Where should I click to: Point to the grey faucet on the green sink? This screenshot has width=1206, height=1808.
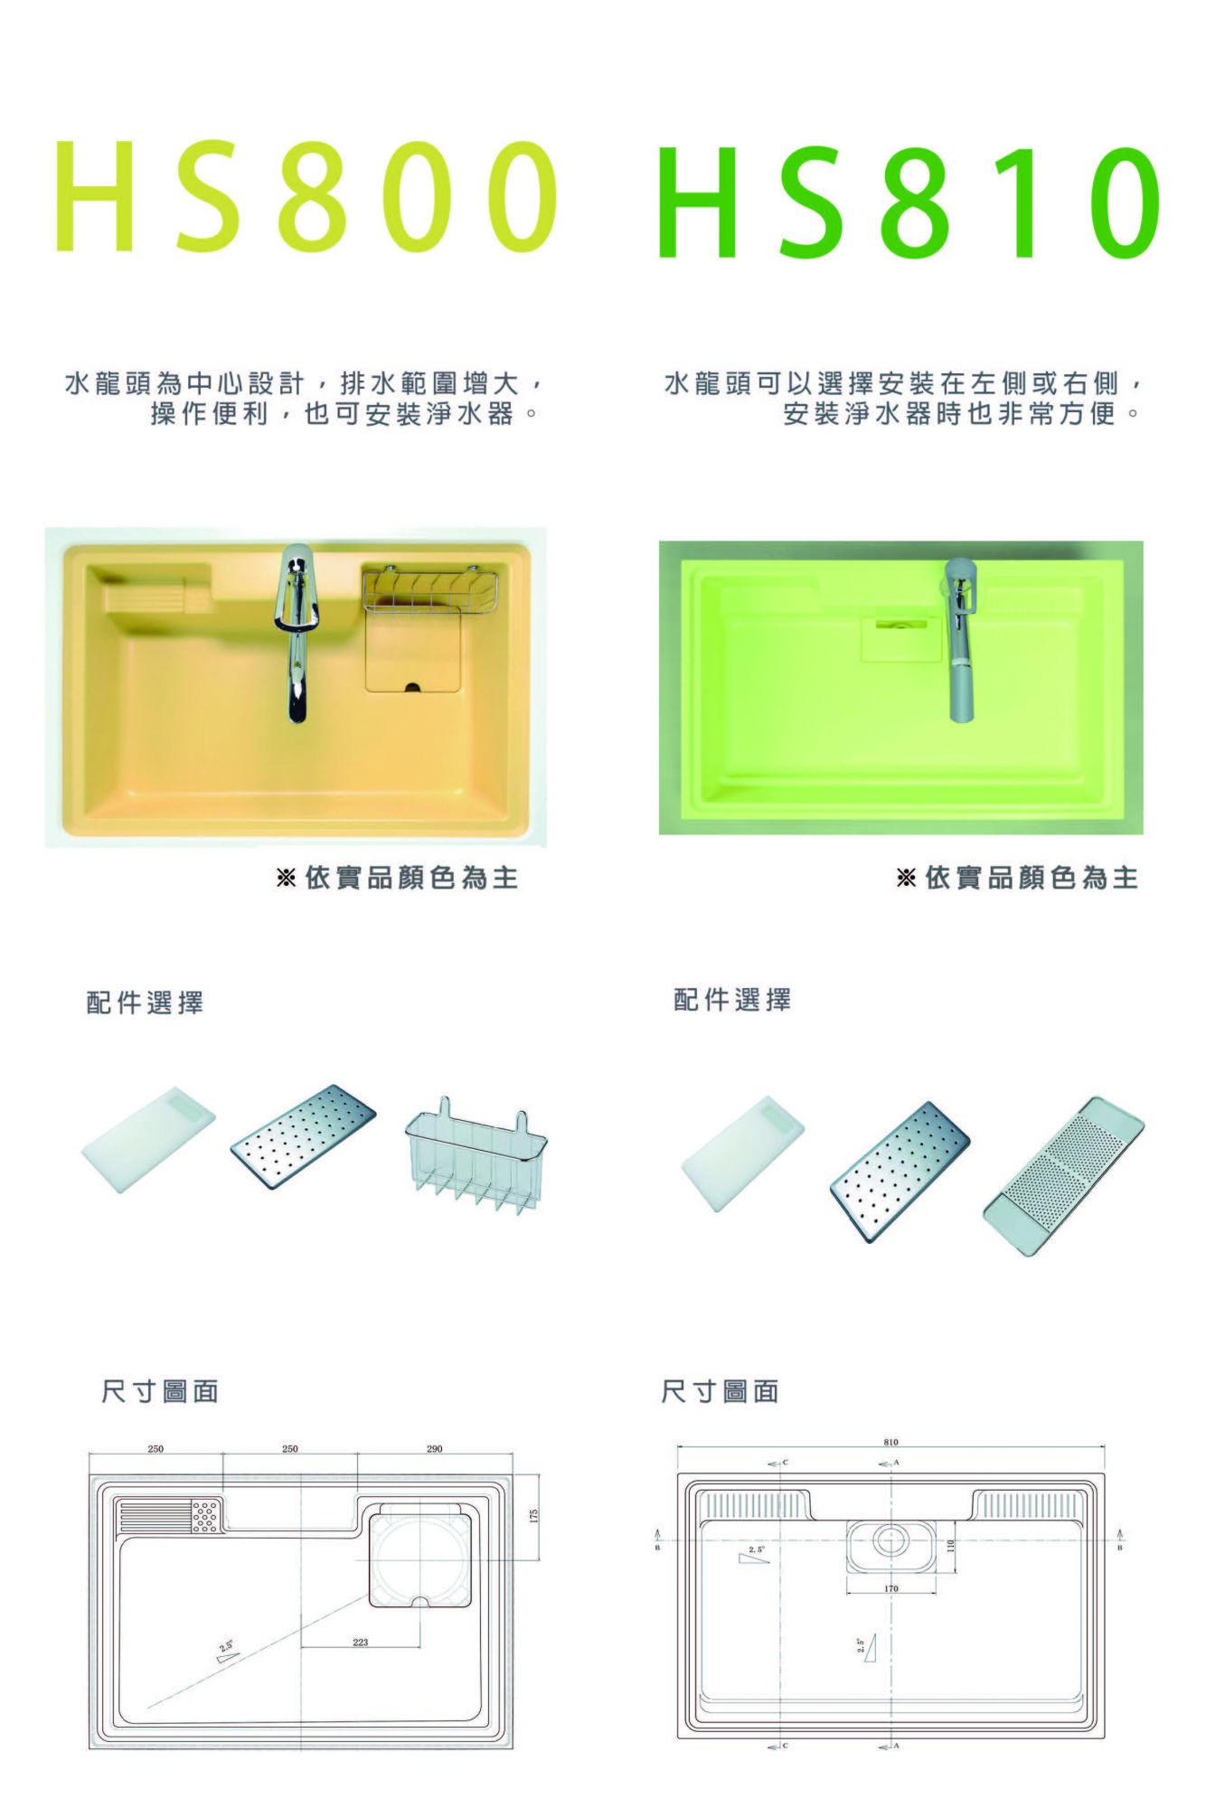coord(961,638)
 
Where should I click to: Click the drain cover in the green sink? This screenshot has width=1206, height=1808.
coord(896,639)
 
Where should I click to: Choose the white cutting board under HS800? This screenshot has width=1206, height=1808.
coord(148,1141)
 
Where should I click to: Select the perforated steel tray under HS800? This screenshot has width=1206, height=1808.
coord(304,1136)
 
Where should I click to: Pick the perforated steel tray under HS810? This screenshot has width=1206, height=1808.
coord(900,1172)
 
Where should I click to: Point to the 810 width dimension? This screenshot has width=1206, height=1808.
coord(891,1442)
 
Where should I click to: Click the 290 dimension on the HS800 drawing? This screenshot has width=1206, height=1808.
coord(435,1449)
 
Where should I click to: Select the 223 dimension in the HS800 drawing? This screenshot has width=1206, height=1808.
coord(361,1642)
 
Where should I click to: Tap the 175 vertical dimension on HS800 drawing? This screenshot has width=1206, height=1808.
coord(533,1516)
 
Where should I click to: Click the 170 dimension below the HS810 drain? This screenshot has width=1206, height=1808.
coord(891,1587)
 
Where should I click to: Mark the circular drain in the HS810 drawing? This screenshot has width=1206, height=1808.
coord(890,1539)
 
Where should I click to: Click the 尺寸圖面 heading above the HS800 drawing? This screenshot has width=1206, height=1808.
coord(160,1391)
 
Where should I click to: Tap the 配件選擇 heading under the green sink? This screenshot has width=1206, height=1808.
coord(732,1000)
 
